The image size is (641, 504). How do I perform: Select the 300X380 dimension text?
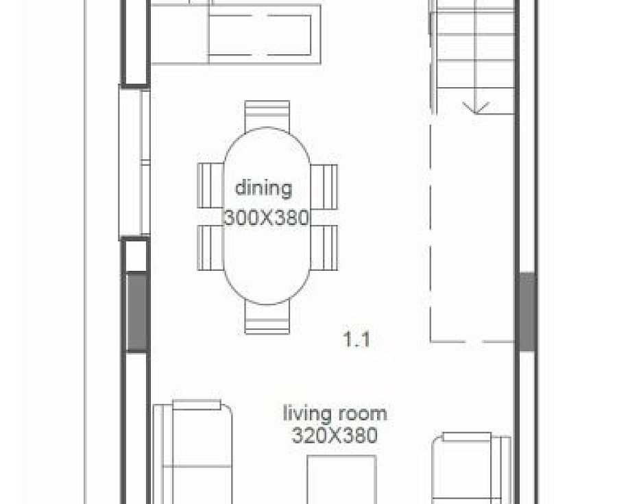coord(267,218)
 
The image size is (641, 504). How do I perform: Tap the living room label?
coord(335,413)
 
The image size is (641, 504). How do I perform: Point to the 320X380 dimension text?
coord(335,435)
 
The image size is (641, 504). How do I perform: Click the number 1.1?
coord(357,339)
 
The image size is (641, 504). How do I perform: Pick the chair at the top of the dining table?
coord(267,116)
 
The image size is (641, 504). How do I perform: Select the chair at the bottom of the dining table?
coord(267,317)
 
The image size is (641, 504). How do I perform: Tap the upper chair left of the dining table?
coord(211,186)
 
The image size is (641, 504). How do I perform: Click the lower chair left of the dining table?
coord(211,248)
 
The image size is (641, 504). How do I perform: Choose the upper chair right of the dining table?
coord(324,187)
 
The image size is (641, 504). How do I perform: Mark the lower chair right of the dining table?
coord(324,248)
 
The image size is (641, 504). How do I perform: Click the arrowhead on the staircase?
coord(476,108)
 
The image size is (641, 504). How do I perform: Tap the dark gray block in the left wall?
coord(136,312)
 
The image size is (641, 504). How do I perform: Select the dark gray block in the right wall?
coord(527,311)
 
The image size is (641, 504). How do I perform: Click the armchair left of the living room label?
coord(193,452)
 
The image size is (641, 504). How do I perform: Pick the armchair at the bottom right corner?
coord(472,468)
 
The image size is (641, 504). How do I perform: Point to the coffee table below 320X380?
coord(342,479)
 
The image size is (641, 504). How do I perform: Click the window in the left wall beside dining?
coord(134,162)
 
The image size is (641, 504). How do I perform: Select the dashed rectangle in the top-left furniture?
coord(261,35)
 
